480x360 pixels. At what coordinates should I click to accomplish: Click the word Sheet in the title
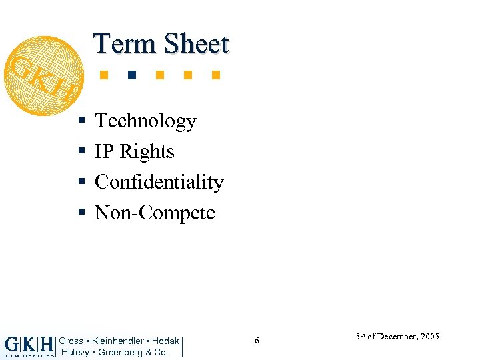tap(196, 43)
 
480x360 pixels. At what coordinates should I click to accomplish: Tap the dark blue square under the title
tap(132, 74)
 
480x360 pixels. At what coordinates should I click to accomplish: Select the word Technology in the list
tap(145, 121)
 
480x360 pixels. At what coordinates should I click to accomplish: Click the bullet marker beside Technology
tap(81, 121)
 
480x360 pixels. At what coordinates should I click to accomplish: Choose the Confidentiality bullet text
tap(159, 182)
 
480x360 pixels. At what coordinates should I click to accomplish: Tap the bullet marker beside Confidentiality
tap(81, 183)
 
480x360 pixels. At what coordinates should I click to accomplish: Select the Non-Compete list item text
tap(155, 213)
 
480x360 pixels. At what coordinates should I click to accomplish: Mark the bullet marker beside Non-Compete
tap(81, 213)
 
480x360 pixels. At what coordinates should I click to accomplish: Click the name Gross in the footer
tap(71, 341)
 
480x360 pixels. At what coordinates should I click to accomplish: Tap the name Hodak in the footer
tap(165, 341)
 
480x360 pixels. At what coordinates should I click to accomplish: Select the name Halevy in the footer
tap(76, 352)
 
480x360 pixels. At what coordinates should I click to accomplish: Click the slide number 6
tap(257, 341)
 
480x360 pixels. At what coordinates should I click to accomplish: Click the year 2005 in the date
tap(429, 337)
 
